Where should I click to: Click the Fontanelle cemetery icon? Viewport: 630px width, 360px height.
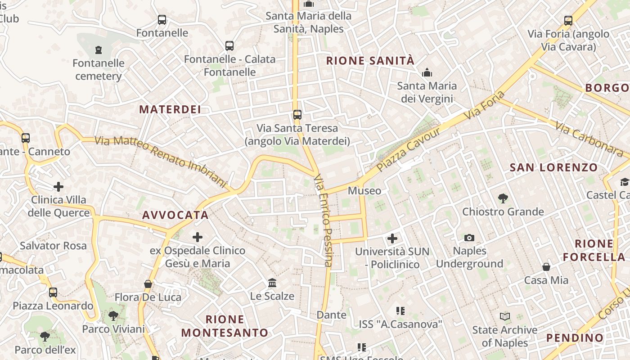point(99,49)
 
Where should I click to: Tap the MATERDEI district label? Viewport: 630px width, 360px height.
point(170,109)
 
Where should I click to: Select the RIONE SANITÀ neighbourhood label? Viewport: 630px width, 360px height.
point(370,61)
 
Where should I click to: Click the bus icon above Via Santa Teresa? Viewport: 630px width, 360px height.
point(297,114)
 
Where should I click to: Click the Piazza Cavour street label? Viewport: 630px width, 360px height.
point(408,149)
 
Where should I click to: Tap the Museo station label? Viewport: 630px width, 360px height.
point(364,191)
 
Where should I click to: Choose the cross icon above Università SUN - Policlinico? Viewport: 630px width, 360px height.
point(392,238)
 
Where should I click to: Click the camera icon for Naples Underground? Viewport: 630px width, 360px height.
point(469,238)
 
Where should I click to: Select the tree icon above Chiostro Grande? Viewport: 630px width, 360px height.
point(503,198)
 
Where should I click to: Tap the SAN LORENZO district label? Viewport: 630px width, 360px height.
point(553,168)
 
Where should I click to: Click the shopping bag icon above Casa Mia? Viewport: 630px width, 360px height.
point(546,267)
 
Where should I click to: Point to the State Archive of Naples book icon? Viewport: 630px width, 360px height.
point(505,317)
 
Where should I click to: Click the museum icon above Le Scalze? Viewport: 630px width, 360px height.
point(272,283)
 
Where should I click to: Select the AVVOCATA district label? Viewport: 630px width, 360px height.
point(175,215)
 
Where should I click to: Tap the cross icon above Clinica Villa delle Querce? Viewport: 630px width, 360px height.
point(58,186)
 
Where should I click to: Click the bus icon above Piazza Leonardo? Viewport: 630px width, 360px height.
point(53,292)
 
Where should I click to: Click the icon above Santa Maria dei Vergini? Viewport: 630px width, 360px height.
point(427,72)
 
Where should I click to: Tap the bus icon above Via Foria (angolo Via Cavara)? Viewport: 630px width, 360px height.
point(568,20)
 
